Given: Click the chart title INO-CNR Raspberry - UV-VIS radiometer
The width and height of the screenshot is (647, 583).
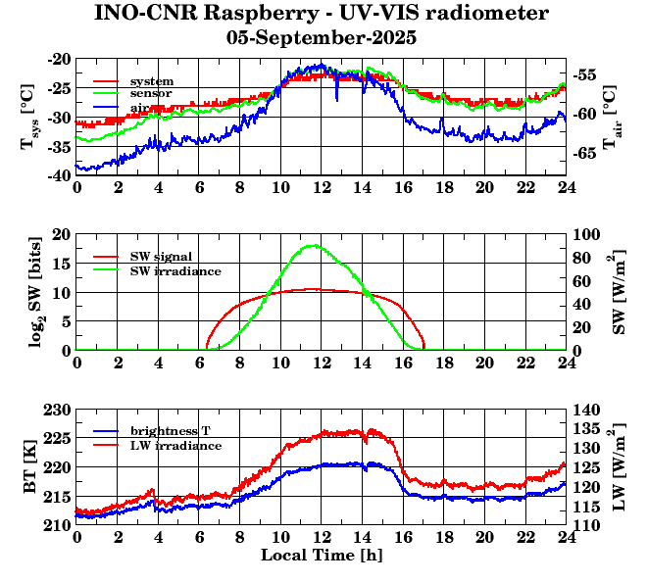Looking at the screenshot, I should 322,14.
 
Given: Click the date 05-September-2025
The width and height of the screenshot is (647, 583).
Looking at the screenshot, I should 322,38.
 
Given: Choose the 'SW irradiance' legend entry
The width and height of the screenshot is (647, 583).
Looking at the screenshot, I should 174,269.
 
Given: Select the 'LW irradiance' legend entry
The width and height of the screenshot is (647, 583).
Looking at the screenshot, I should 174,445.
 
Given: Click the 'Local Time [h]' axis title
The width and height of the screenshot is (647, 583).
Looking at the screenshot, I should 322,555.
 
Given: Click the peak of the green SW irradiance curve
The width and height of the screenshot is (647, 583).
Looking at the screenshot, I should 313,245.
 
